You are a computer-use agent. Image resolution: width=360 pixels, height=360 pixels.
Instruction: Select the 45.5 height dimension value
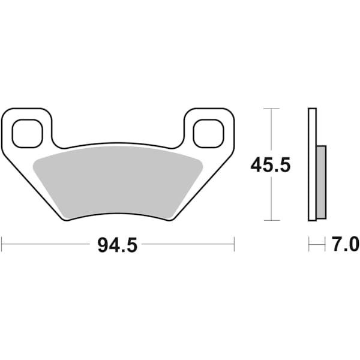[271, 164]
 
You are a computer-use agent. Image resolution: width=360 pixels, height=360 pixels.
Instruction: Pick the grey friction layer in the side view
[321, 182]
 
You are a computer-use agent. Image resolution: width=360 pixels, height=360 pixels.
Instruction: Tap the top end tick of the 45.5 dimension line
[272, 109]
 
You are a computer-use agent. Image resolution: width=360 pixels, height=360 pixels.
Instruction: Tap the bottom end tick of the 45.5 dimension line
[272, 220]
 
